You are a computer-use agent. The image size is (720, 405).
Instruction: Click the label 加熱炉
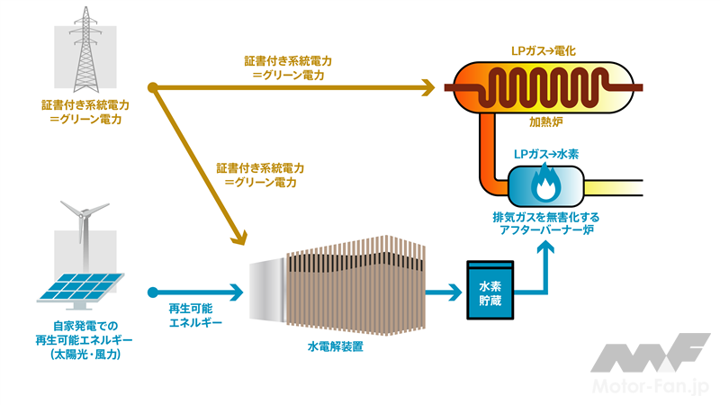[543, 120]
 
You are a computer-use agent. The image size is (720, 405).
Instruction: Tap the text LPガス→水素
[545, 154]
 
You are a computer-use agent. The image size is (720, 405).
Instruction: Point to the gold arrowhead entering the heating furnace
[428, 87]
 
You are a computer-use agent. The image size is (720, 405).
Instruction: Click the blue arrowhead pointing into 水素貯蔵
[454, 292]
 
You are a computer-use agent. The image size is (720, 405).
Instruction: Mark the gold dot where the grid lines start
[154, 87]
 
